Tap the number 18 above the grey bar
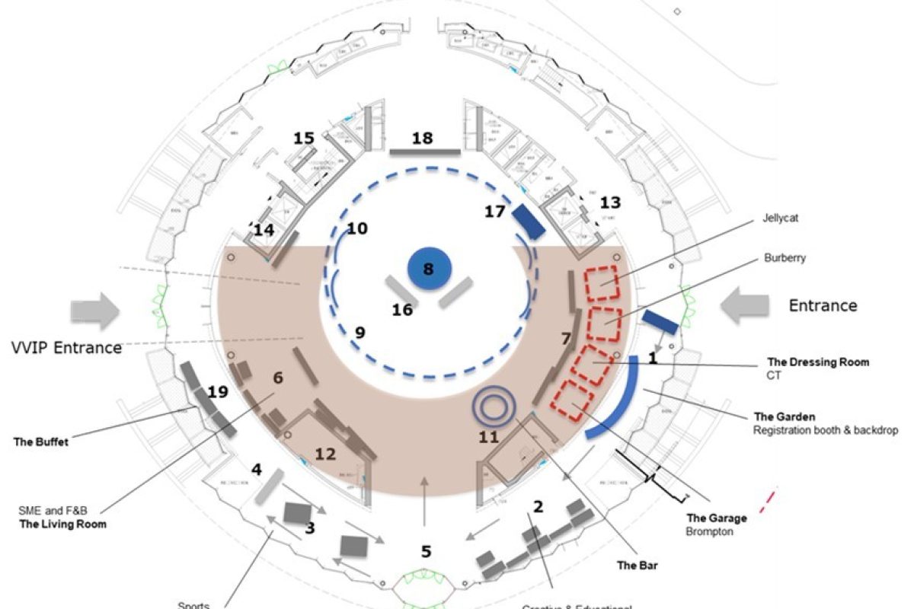pyautogui.click(x=422, y=139)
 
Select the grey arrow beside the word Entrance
pyautogui.click(x=744, y=305)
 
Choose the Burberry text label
pyautogui.click(x=785, y=258)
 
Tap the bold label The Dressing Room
pyautogui.click(x=818, y=362)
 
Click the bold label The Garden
pyautogui.click(x=785, y=416)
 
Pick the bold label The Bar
pyautogui.click(x=636, y=566)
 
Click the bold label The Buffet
pyautogui.click(x=42, y=442)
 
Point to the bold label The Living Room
pyautogui.click(x=62, y=524)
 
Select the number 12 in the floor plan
pyautogui.click(x=325, y=454)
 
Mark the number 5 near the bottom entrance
pyautogui.click(x=426, y=552)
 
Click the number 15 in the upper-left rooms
pyautogui.click(x=304, y=139)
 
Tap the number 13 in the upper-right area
pyautogui.click(x=610, y=202)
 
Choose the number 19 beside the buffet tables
pyautogui.click(x=218, y=392)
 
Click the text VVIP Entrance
pyautogui.click(x=67, y=348)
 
